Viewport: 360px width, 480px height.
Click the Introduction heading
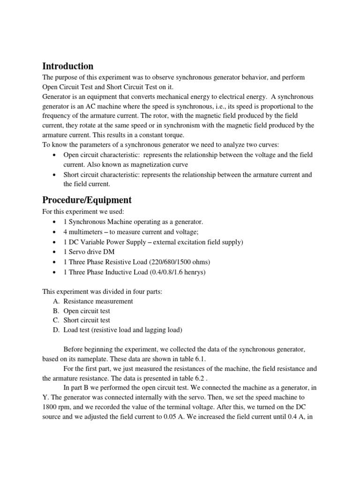pyautogui.click(x=68, y=66)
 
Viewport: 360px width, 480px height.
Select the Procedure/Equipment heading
pyautogui.click(x=87, y=200)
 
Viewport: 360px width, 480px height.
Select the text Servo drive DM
pyautogui.click(x=89, y=252)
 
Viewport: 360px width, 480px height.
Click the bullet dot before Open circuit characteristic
pyautogui.click(x=56, y=155)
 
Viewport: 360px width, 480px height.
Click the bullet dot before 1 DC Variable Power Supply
pyautogui.click(x=56, y=242)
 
